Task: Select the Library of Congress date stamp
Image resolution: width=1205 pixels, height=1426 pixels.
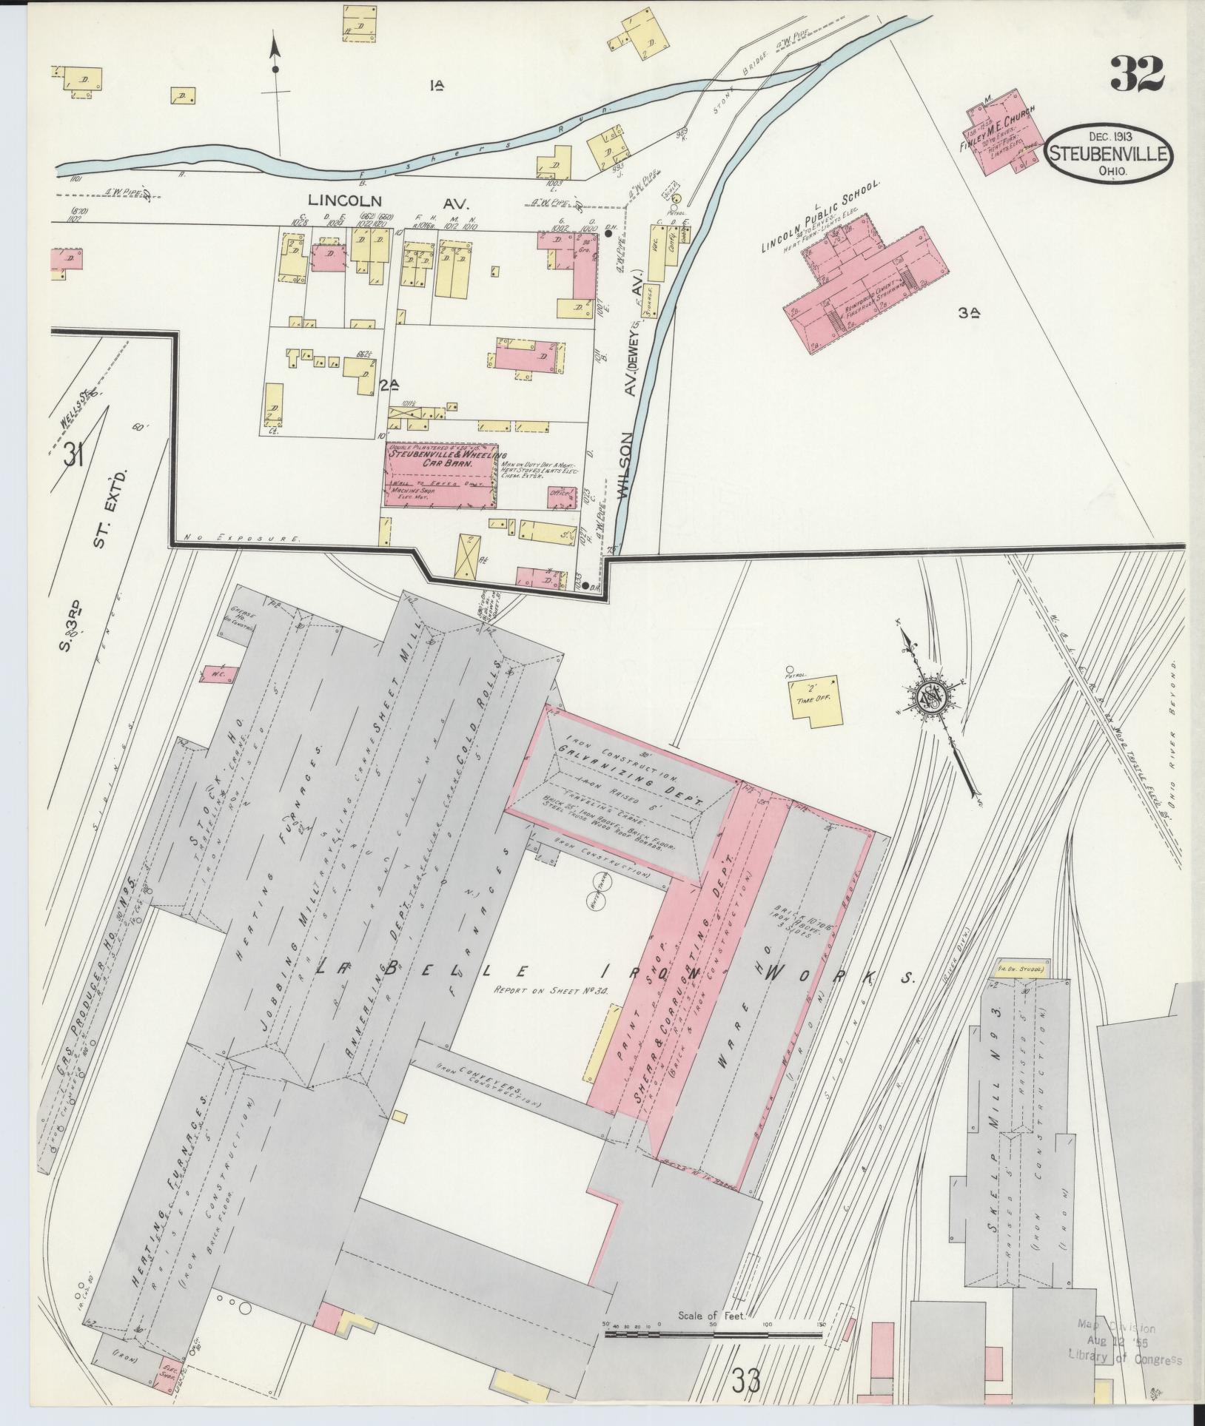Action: tap(1124, 1343)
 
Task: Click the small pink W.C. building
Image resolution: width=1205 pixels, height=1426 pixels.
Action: tap(221, 674)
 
